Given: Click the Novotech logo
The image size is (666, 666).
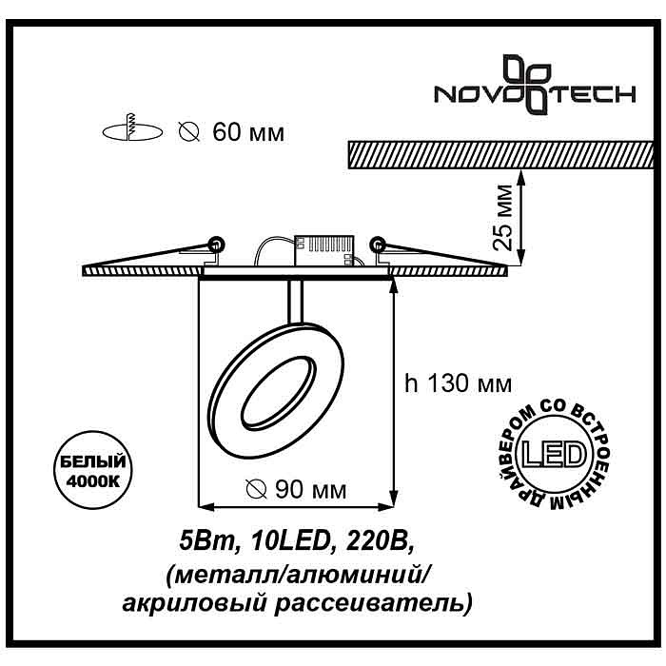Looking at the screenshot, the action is (x=535, y=85).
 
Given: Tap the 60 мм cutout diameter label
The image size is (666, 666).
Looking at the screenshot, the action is (x=248, y=132).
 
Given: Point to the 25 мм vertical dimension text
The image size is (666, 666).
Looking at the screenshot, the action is (x=502, y=217).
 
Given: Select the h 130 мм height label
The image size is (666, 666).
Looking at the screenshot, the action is (x=459, y=383).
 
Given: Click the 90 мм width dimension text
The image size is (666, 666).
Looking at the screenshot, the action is (x=311, y=490).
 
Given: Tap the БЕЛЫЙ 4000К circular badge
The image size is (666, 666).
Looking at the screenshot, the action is (x=93, y=470).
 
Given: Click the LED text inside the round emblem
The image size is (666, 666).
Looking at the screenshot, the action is (x=554, y=455).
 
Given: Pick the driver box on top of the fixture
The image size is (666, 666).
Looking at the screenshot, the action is (x=324, y=251).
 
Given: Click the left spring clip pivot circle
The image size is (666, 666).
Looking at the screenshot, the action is (x=217, y=244).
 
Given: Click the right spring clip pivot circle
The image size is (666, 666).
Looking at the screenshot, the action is (x=377, y=244).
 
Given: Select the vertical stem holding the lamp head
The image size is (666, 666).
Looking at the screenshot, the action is (x=296, y=302).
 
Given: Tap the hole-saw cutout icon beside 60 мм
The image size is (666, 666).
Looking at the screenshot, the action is (x=132, y=128).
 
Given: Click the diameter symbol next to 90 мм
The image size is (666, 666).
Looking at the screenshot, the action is (x=257, y=490).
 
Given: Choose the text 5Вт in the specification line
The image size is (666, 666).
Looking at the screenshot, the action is (x=207, y=541).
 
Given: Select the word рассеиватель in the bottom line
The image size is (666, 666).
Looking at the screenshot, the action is (x=373, y=603).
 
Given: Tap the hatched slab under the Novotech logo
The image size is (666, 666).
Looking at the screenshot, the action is (x=500, y=155).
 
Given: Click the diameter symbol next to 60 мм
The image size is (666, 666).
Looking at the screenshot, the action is (x=189, y=132).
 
